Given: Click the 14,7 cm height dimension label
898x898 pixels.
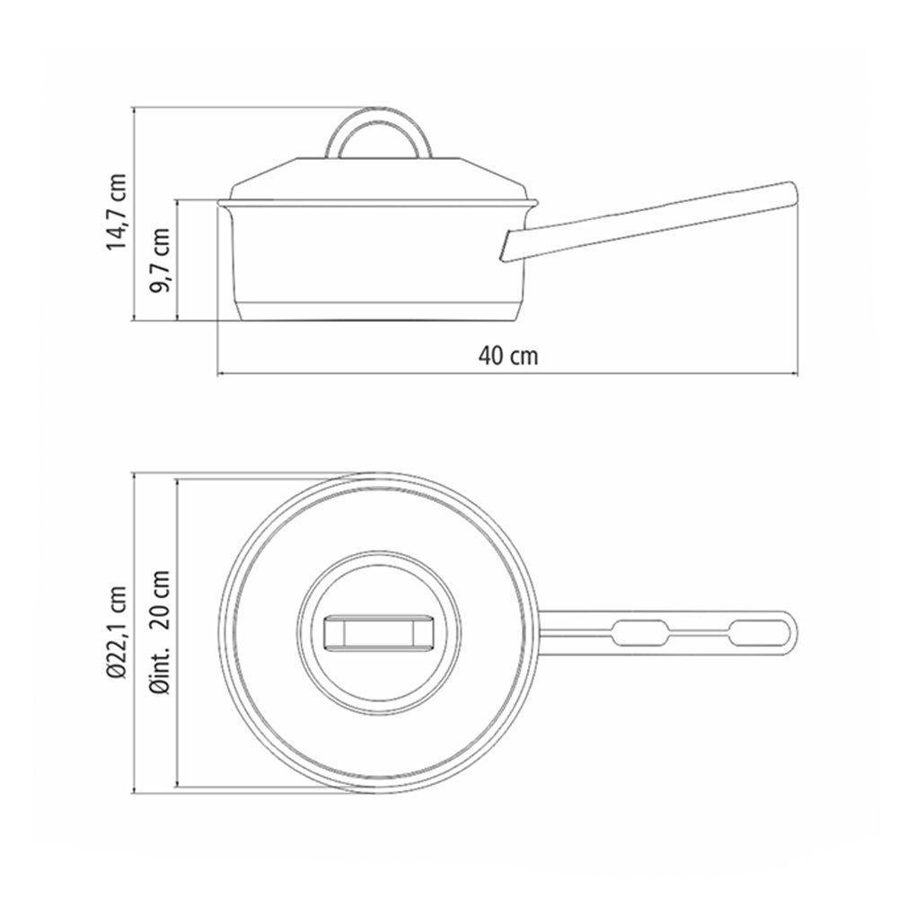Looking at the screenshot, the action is tap(116, 211).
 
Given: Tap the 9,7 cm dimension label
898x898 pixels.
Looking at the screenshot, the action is tap(161, 260).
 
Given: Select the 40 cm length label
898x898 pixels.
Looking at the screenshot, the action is tap(508, 357).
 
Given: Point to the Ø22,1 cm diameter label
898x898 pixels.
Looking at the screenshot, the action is tap(116, 632).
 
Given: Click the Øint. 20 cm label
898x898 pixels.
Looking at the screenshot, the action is tap(161, 632).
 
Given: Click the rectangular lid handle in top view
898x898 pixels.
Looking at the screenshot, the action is tap(379, 633).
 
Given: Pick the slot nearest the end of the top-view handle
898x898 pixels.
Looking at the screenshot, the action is tap(758, 633).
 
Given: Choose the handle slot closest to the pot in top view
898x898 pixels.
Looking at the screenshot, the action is tap(640, 633).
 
